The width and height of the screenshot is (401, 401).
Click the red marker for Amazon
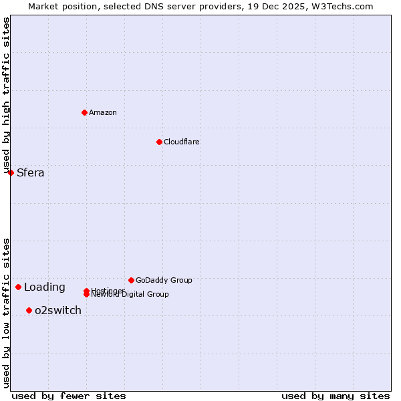[84, 112]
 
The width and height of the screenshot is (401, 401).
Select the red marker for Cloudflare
[159, 142]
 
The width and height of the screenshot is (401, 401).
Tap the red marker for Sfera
[11, 172]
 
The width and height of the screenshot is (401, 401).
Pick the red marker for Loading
[18, 287]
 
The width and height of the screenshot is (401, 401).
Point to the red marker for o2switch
[29, 310]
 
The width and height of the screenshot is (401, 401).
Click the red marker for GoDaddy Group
[131, 280]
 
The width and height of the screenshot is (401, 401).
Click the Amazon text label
[103, 112]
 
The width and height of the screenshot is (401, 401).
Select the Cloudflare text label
[182, 142]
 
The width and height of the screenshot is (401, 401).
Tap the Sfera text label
[31, 173]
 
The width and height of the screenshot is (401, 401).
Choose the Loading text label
[45, 287]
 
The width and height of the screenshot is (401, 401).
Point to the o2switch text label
[58, 311]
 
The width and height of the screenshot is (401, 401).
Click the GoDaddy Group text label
[164, 280]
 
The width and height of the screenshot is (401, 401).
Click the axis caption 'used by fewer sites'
[69, 396]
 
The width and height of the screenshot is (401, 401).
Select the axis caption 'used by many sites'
[336, 396]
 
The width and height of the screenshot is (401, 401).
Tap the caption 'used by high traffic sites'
[6, 96]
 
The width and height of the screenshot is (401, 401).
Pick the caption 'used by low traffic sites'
[6, 313]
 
